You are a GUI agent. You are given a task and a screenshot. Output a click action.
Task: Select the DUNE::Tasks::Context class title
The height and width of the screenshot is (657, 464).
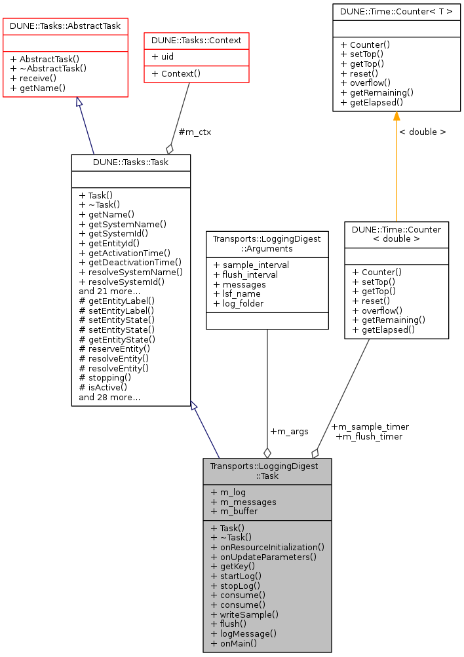(x=197, y=41)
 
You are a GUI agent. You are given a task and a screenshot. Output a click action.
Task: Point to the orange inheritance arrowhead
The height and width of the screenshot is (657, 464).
(x=396, y=117)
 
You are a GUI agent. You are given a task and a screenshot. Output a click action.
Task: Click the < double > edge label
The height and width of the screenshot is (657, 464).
(x=422, y=132)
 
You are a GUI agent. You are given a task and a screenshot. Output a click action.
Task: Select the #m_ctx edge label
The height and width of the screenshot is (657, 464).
(x=195, y=132)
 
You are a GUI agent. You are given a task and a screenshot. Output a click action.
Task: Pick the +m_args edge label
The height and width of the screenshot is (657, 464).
(x=289, y=431)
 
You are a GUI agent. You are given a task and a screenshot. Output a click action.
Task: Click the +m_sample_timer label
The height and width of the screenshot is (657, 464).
(x=370, y=426)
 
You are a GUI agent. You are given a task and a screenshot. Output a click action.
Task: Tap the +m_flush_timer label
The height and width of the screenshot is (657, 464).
(x=369, y=436)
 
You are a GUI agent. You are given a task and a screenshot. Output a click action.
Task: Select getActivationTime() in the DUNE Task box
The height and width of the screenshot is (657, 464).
(x=125, y=252)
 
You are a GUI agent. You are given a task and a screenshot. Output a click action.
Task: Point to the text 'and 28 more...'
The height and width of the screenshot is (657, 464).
(x=109, y=396)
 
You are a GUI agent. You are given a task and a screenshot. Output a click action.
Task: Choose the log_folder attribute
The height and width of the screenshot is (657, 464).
(x=239, y=303)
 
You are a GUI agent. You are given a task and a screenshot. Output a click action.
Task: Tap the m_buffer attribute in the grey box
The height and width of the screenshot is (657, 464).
(x=234, y=511)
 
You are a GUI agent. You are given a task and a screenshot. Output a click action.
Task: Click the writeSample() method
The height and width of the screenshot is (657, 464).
(x=244, y=614)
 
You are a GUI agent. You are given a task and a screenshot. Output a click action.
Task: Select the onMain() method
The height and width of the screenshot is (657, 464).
(x=234, y=643)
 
